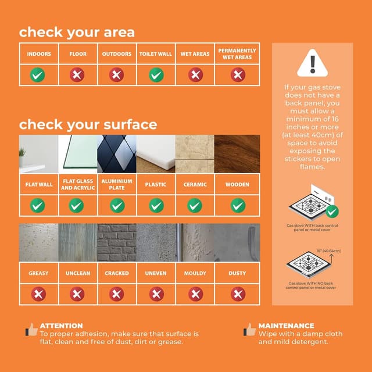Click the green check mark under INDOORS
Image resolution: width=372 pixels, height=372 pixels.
point(38,74)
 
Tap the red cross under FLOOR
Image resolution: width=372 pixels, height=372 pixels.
point(77,74)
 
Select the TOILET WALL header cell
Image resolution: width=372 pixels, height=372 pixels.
point(155,54)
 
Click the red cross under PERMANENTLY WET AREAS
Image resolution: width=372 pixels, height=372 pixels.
point(237,74)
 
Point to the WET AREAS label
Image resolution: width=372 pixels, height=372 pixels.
point(195,54)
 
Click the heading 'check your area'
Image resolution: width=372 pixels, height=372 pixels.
point(77,32)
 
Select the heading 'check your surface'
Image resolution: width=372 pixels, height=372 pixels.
point(88,124)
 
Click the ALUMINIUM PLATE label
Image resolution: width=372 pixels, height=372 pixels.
point(117,184)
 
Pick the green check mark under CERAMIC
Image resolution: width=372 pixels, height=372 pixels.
point(195,205)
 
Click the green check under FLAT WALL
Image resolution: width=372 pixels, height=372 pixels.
point(38,205)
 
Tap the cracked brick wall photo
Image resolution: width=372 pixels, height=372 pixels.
point(117,242)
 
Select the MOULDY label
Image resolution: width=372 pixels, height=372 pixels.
point(195,273)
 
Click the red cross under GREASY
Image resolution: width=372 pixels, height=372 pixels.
point(38,294)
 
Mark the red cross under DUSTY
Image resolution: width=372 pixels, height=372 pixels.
point(237,294)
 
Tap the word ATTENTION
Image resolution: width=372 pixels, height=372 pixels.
point(61,326)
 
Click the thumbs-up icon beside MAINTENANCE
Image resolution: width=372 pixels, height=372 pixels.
point(249,330)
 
